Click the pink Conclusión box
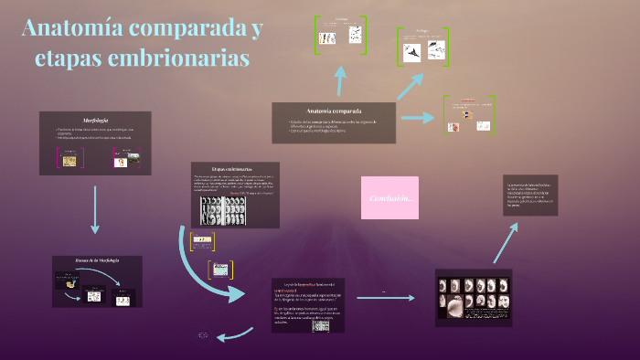pos(390,198)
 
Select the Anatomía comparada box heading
pos(334,111)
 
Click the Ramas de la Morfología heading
pos(97,260)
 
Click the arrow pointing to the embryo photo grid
pos(408,298)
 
